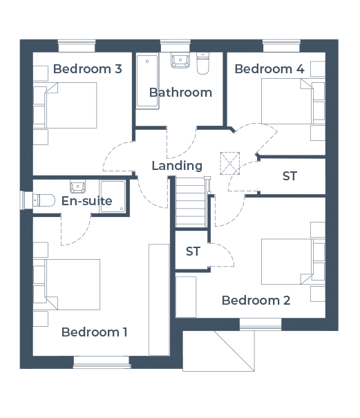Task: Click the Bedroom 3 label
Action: (88, 69)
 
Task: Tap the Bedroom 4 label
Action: (269, 69)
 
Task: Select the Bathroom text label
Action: (180, 93)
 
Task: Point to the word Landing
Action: (177, 166)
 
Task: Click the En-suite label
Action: (86, 201)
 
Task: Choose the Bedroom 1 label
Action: (94, 332)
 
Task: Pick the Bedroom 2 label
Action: (256, 301)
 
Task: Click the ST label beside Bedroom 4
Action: (290, 176)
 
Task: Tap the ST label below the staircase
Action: (193, 251)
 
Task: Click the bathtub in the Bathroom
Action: (147, 81)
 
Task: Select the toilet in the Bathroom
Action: (202, 63)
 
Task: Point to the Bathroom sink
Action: (180, 61)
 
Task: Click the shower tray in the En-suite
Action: (113, 196)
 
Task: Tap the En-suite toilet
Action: (44, 200)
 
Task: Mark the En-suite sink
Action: (77, 187)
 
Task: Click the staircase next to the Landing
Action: (191, 202)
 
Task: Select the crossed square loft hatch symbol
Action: (229, 164)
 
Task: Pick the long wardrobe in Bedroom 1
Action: (159, 300)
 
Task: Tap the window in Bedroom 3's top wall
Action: (77, 46)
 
